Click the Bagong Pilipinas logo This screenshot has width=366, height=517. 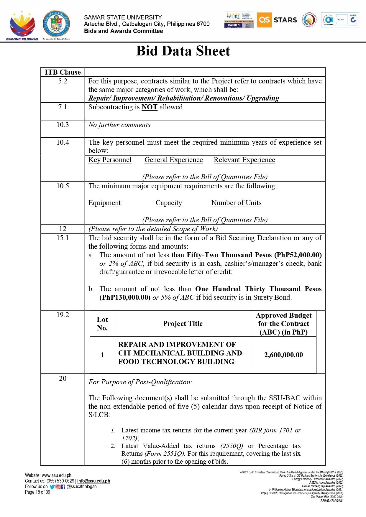tap(22, 26)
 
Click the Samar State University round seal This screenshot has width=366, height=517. tap(56, 24)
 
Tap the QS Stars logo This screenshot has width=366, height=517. tap(277, 20)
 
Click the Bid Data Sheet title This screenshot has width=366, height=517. tap(183, 51)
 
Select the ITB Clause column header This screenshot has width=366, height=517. tap(63, 72)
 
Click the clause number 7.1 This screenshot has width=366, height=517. tap(63, 107)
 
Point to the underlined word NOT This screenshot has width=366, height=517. tap(149, 107)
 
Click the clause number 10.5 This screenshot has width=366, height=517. tap(63, 186)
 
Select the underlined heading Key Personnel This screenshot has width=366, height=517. tap(110, 160)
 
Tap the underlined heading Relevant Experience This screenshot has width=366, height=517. tap(244, 160)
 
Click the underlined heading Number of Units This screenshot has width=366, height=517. tap(236, 203)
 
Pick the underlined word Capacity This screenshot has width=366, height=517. tap(169, 203)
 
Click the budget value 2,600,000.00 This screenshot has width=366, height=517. tap(283, 355)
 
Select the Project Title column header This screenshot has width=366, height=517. tap(183, 324)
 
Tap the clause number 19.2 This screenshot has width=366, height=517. tap(63, 315)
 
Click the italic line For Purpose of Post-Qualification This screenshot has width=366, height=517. tap(140, 382)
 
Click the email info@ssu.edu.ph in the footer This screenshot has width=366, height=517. tap(93, 481)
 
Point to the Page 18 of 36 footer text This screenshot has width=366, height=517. tap(37, 492)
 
